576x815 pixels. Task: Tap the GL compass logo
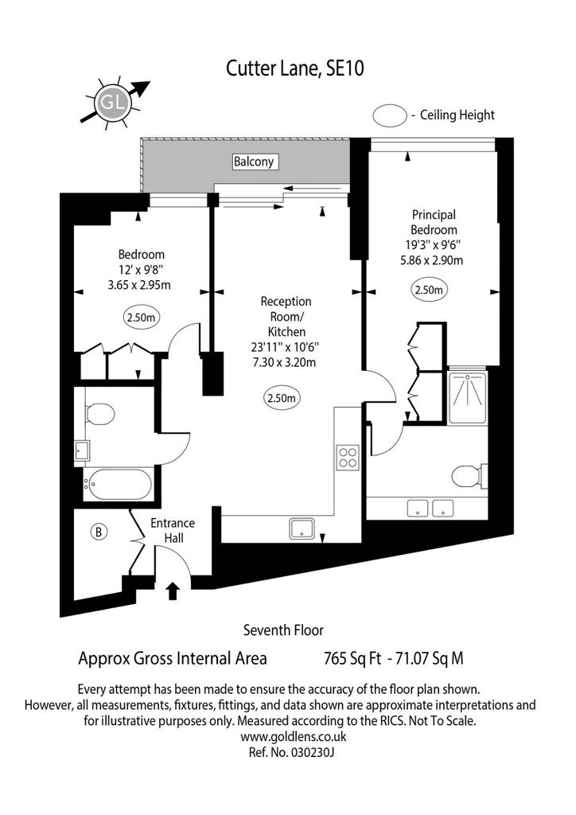tap(111, 103)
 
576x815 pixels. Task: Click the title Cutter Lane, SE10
tap(294, 68)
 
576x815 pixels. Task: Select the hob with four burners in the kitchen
tap(348, 458)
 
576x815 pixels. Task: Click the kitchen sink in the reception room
tap(302, 528)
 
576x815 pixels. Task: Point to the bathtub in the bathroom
tap(119, 485)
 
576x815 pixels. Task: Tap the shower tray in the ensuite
tap(467, 396)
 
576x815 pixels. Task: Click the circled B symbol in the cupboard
tap(99, 532)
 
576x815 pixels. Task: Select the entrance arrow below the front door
tap(173, 591)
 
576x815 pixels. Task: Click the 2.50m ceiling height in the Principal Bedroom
tap(429, 290)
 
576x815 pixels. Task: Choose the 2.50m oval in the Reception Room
tap(282, 398)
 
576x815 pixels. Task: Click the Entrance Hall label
tap(173, 530)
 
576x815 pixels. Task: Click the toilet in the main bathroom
tap(99, 414)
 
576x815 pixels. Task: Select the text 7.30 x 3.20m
tap(284, 362)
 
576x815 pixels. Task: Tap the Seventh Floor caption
tap(283, 630)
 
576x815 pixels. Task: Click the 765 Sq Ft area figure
tap(352, 658)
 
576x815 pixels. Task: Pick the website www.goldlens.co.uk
tap(294, 736)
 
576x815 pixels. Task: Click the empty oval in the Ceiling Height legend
tap(390, 115)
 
